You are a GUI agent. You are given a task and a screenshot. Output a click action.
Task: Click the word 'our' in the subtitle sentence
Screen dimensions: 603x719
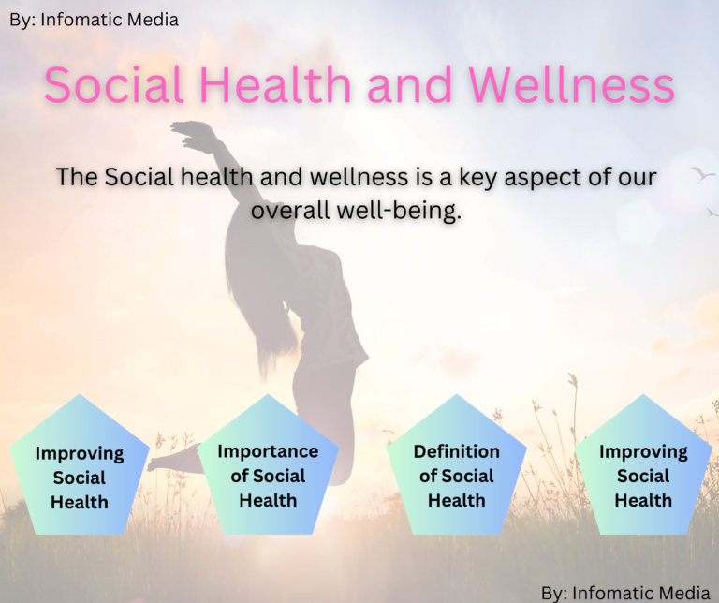coord(635,177)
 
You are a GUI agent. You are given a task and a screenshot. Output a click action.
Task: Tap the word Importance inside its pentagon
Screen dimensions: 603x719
coord(268,451)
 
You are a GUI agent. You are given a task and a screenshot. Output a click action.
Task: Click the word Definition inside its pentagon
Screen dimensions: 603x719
coord(457,451)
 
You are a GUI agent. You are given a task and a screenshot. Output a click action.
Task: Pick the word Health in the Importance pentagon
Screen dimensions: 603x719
coord(268,500)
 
